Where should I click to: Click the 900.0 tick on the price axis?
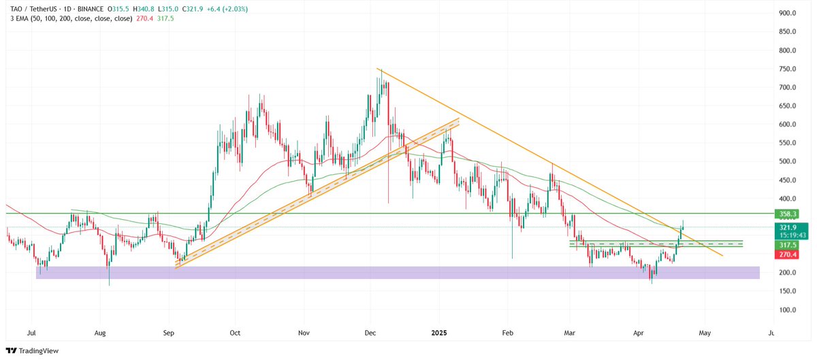point(788,13)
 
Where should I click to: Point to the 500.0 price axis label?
point(788,161)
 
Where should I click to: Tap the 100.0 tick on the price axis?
point(788,310)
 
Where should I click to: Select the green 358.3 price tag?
point(788,214)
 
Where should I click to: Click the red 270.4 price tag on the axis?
point(788,254)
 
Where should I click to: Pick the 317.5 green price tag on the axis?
point(788,244)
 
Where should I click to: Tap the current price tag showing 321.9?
point(788,227)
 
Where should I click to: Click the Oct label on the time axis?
point(234,334)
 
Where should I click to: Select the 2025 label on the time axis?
point(438,334)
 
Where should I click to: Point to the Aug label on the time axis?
point(100,334)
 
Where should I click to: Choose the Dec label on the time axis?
point(370,334)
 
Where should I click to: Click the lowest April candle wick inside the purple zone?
point(652,281)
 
